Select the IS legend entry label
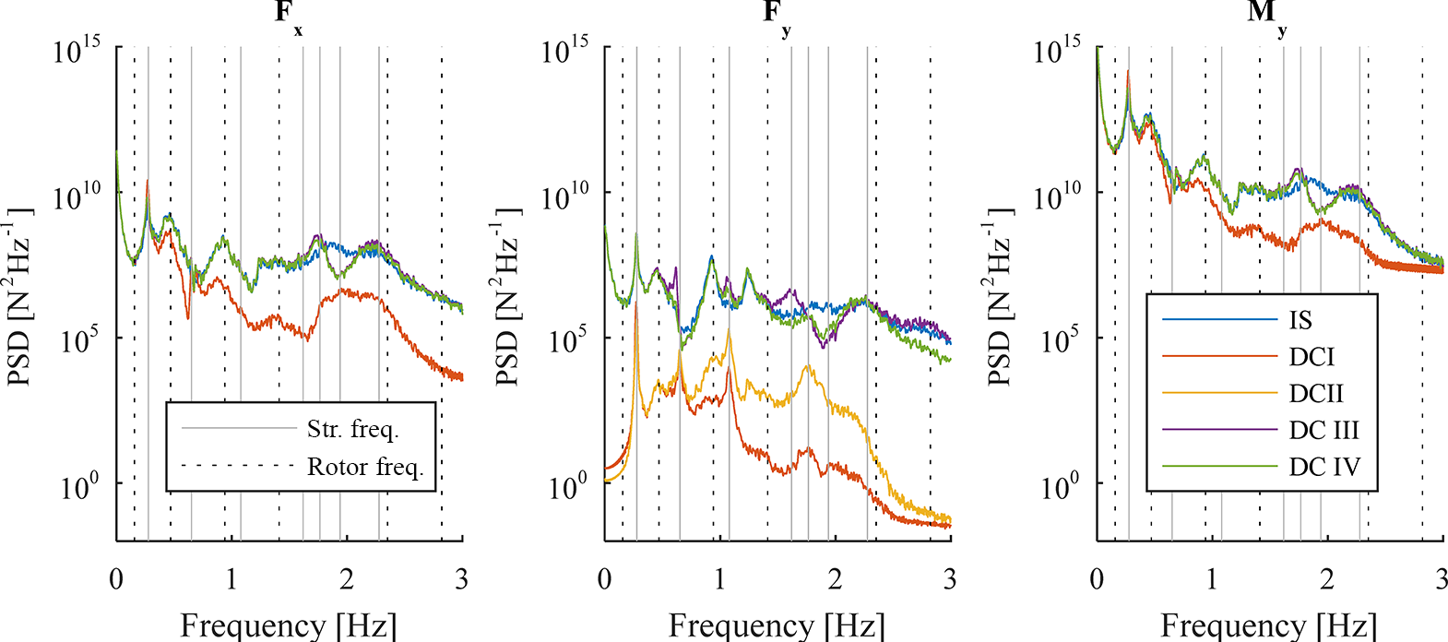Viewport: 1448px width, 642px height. [x=1300, y=320]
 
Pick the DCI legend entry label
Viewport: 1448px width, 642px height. [x=1312, y=357]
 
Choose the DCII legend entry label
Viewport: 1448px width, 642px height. [x=1316, y=394]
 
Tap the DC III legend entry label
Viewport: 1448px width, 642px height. [x=1323, y=431]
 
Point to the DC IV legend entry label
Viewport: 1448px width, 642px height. [x=1324, y=467]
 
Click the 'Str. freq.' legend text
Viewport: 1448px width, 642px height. [x=353, y=429]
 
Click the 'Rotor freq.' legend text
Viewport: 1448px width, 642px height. [x=365, y=467]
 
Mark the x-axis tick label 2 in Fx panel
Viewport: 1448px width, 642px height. [x=347, y=579]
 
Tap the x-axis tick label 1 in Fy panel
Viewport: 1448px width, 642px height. [x=719, y=579]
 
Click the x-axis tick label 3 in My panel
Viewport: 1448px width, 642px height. [x=1441, y=579]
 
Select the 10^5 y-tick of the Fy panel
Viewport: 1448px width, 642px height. [x=568, y=340]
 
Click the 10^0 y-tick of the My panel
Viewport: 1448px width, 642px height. [x=1061, y=486]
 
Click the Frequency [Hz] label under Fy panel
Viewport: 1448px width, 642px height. [x=777, y=625]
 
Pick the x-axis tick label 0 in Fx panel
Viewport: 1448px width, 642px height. [x=116, y=579]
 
